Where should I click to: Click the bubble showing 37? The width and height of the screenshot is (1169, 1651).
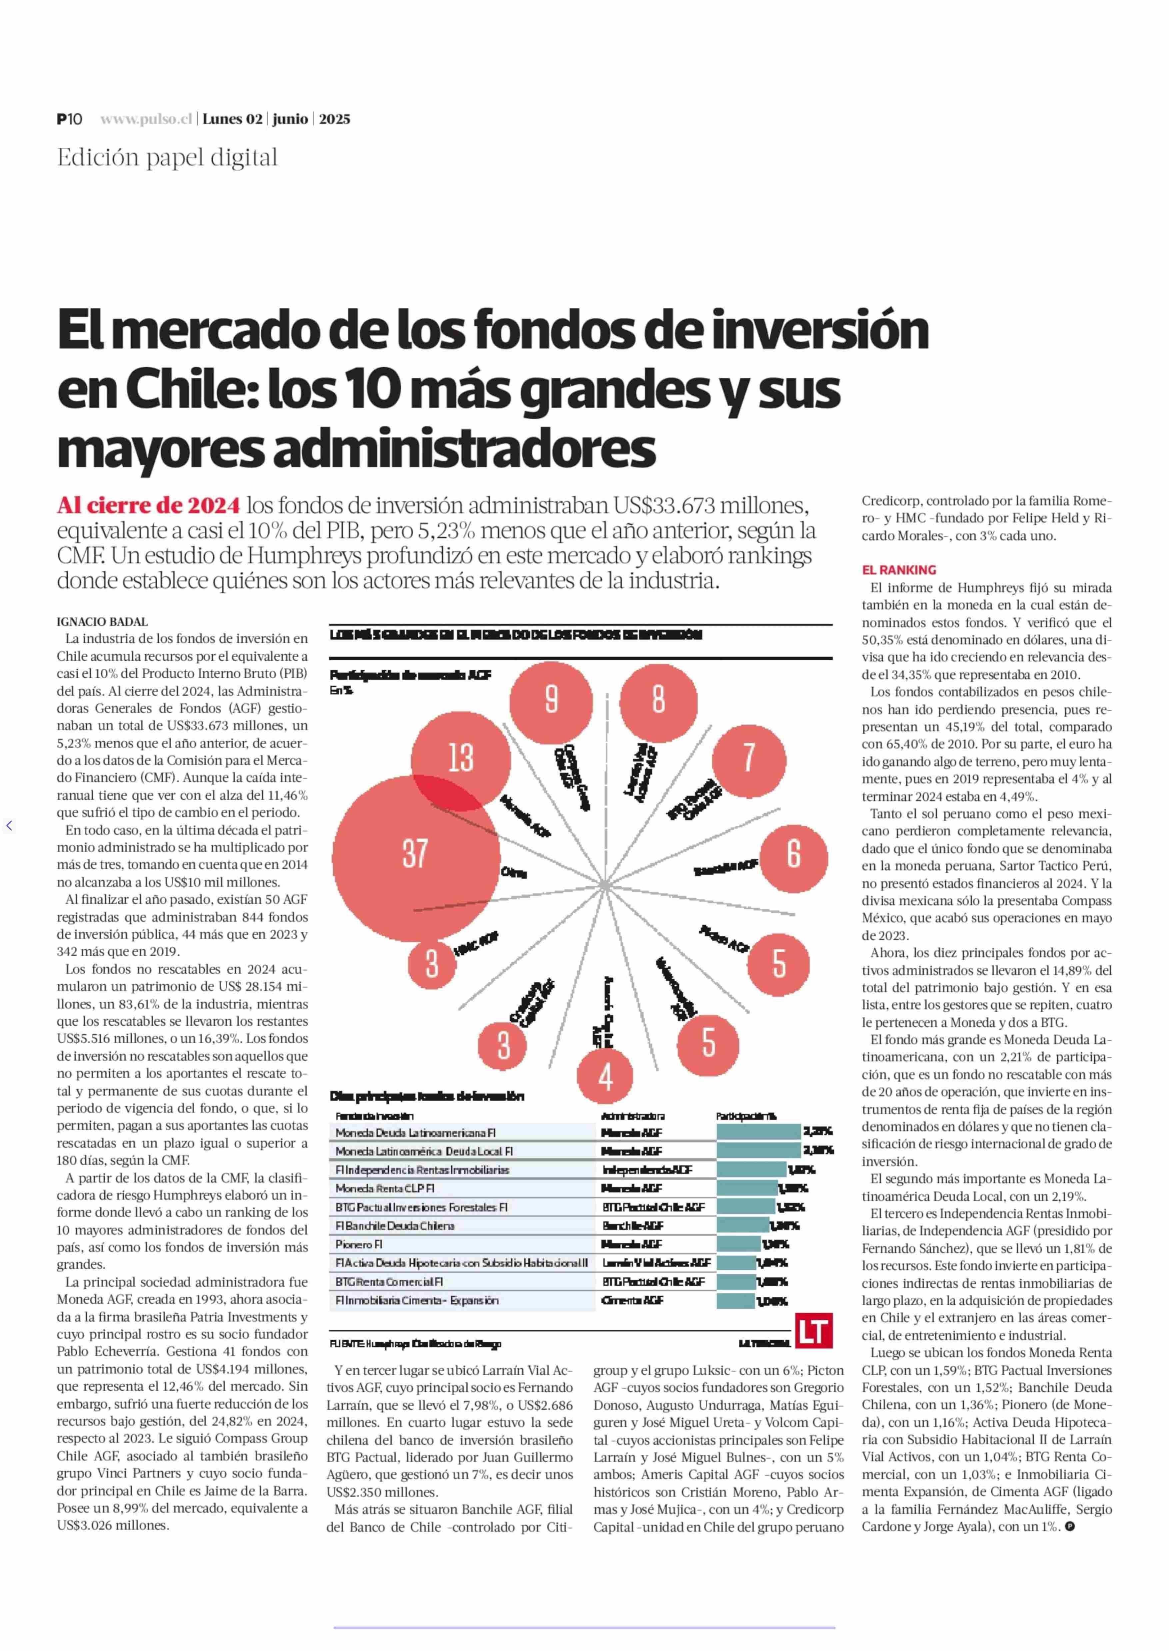tap(415, 854)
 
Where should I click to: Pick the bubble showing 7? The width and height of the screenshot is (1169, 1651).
tap(749, 758)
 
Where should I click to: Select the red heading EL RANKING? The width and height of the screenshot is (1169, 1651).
tap(899, 570)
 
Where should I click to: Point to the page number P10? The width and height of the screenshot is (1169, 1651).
tap(70, 120)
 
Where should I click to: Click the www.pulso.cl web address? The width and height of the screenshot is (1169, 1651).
tap(146, 120)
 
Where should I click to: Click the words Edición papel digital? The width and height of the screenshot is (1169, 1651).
tap(167, 158)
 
